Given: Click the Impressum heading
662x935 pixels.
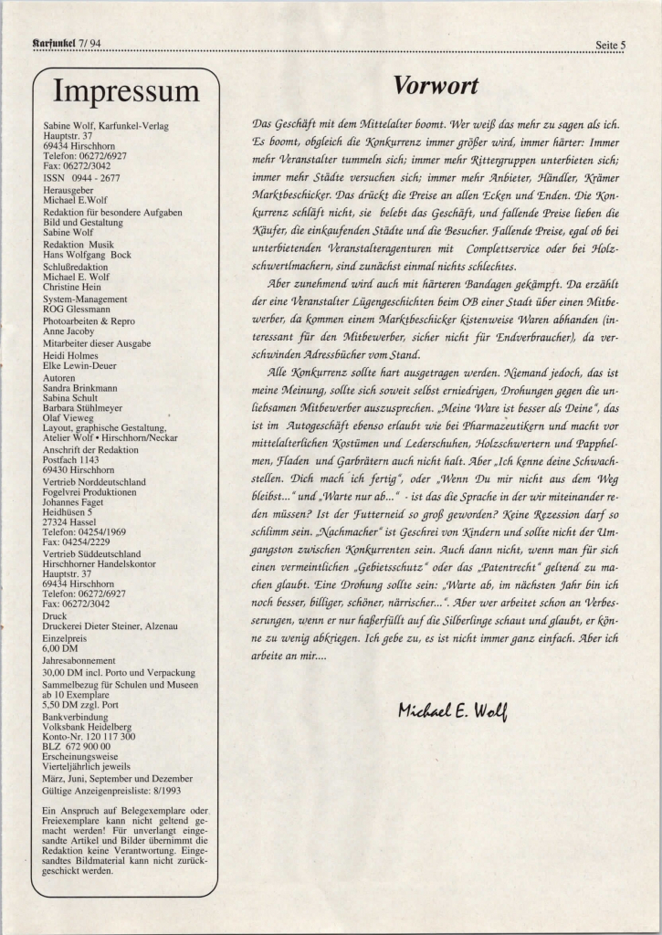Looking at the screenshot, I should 126,91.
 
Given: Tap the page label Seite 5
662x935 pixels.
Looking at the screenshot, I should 609,44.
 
